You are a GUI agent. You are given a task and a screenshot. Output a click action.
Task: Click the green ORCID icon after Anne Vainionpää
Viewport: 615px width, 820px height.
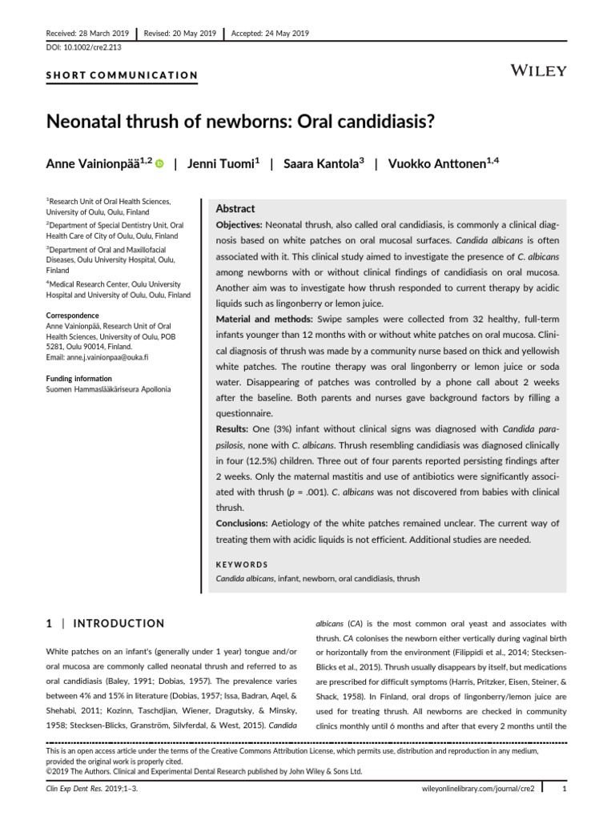pos(159,164)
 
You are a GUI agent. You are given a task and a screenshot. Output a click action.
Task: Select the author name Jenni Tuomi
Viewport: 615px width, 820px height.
pos(221,163)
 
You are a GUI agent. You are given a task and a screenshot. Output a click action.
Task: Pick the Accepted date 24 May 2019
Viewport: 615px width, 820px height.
pos(270,34)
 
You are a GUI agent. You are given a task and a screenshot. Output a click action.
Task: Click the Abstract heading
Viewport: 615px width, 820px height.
pos(235,208)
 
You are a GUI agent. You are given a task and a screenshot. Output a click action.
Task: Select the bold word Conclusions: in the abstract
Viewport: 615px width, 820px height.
pos(247,523)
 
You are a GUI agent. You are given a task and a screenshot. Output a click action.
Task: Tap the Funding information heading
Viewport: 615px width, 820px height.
pos(79,379)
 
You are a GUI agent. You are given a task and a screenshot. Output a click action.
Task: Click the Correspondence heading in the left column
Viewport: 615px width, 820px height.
pos(72,316)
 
